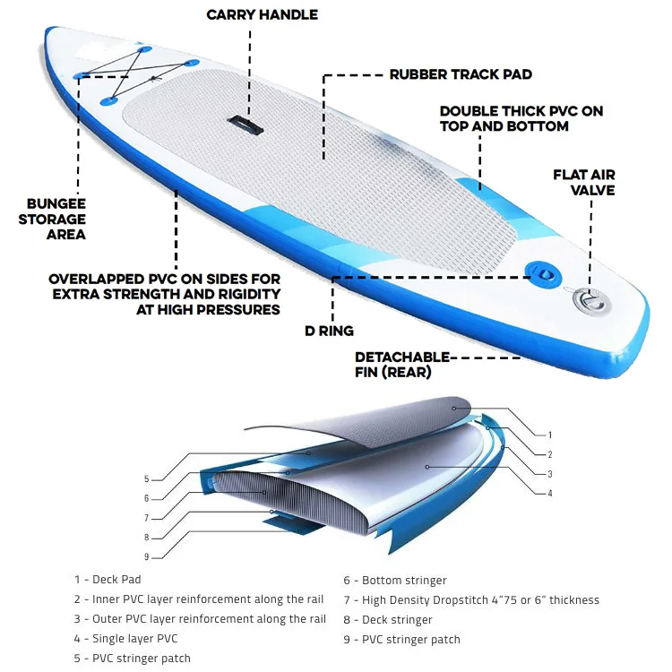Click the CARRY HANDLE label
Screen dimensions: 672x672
(x=262, y=14)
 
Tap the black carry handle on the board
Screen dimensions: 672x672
(x=246, y=125)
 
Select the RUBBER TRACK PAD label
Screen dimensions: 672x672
(x=461, y=74)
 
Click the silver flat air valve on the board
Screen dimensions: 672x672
(x=591, y=301)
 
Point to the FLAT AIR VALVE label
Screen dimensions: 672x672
(x=584, y=182)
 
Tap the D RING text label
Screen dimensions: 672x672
(x=329, y=331)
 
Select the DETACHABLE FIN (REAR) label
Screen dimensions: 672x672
(x=401, y=365)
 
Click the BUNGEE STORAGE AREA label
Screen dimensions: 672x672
(x=52, y=219)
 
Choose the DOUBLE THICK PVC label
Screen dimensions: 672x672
(x=521, y=118)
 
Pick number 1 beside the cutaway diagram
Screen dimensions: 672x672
(x=550, y=435)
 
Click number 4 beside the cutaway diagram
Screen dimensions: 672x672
(x=550, y=494)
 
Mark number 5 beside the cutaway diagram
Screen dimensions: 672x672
(x=147, y=479)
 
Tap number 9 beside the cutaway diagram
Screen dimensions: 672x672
(x=147, y=556)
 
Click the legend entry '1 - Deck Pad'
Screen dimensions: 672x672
(x=108, y=580)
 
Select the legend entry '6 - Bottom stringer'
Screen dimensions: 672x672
(x=395, y=581)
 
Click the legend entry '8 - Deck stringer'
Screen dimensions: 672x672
(x=387, y=620)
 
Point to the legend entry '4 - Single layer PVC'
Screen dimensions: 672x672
(x=125, y=639)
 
